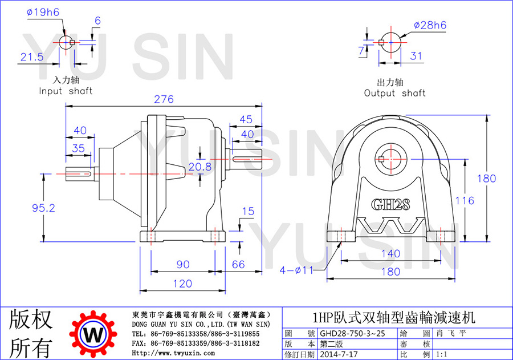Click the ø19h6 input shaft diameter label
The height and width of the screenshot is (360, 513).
[x=43, y=13]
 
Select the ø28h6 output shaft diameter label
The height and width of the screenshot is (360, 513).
[x=430, y=25]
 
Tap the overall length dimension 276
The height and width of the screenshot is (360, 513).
[x=164, y=99]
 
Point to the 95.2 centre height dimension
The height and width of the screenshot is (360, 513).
[x=43, y=208]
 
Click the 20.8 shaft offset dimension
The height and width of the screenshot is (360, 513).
[x=200, y=167]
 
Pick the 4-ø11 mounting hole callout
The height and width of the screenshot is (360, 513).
[x=296, y=270]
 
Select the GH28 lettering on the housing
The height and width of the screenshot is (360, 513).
[x=390, y=204]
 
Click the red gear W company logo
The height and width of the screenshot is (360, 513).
[x=93, y=334]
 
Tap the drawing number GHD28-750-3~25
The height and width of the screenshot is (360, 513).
[x=352, y=333]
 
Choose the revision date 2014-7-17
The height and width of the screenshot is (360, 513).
[x=339, y=354]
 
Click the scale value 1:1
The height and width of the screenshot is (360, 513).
[x=442, y=354]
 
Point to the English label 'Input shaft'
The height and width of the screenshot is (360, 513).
[x=66, y=91]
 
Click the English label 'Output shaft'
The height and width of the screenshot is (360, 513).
[x=395, y=93]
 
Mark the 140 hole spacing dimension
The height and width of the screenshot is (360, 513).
[x=391, y=253]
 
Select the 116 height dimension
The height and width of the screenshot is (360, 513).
[x=465, y=200]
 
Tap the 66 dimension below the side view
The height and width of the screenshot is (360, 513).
[x=238, y=264]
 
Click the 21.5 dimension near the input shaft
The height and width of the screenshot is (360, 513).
[x=32, y=57]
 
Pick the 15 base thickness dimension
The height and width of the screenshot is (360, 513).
[x=248, y=211]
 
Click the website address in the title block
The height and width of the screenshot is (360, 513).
[x=173, y=353]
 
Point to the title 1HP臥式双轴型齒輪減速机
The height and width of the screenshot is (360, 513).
[x=393, y=317]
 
